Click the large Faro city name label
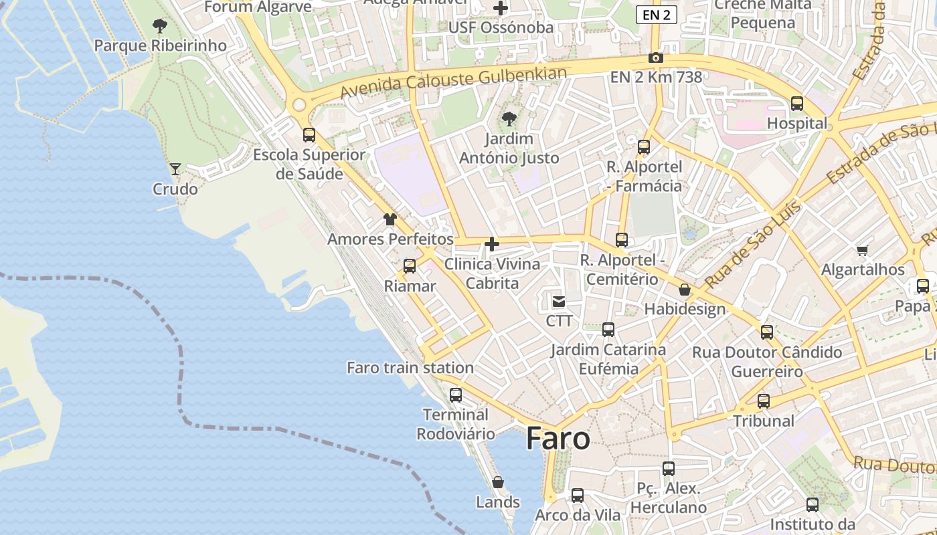click(558, 439)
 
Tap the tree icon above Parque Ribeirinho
click(159, 26)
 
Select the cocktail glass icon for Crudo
click(175, 169)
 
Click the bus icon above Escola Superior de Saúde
click(309, 134)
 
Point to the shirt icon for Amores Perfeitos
click(390, 219)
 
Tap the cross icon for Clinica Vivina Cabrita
click(492, 244)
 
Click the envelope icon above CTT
click(559, 302)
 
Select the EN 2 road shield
click(656, 15)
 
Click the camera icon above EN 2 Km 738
click(656, 58)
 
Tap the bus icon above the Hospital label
click(797, 104)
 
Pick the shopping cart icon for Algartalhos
click(863, 251)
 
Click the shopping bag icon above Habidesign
click(685, 290)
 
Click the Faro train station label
click(410, 368)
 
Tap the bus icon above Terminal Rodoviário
click(456, 395)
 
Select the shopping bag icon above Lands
click(498, 482)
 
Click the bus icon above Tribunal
click(764, 401)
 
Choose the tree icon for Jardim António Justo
click(509, 119)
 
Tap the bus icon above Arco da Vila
click(578, 496)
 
